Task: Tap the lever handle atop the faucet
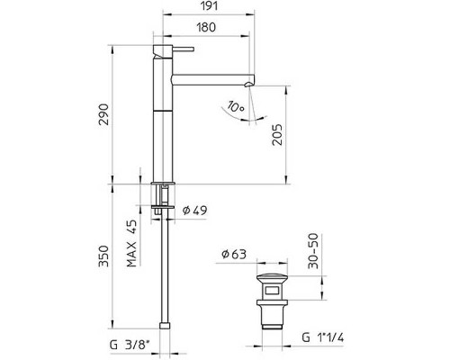[173, 42]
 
